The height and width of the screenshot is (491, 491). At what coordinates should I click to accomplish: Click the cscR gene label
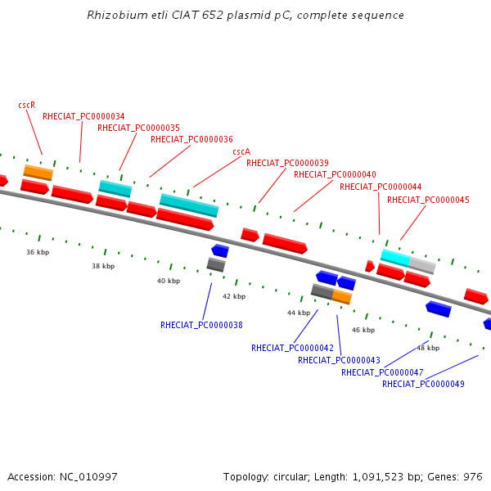pos(26,105)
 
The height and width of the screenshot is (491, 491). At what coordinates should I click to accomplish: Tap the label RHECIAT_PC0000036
pos(191,139)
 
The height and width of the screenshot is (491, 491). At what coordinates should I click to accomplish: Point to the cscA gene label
pos(241,151)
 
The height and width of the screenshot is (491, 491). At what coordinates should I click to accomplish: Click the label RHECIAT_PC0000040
pos(335,174)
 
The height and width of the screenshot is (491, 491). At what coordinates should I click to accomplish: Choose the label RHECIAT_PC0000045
pos(428,199)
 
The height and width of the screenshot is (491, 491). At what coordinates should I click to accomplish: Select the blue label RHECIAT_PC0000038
pos(201,325)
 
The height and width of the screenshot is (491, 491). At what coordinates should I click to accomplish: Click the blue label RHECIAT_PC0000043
pos(339,360)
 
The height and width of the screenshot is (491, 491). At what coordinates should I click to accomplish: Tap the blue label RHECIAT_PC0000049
pos(423,384)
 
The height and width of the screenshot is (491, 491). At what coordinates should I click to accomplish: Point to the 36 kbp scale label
pos(38,252)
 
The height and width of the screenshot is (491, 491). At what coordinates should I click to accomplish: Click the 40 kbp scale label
pos(169,281)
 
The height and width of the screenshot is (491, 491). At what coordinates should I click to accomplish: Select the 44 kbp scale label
pos(299,313)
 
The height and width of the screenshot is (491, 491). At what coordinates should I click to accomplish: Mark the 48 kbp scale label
pos(428,348)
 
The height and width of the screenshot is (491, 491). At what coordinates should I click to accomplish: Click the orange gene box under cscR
pos(38,172)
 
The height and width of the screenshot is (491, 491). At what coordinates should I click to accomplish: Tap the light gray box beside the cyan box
pos(422,264)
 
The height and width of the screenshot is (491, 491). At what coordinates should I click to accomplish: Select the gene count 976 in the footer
pos(473,476)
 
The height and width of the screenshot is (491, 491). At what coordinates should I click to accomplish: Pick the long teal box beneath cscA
pos(189,204)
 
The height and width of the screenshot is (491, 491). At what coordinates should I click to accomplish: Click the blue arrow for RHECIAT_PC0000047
pos(438,309)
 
